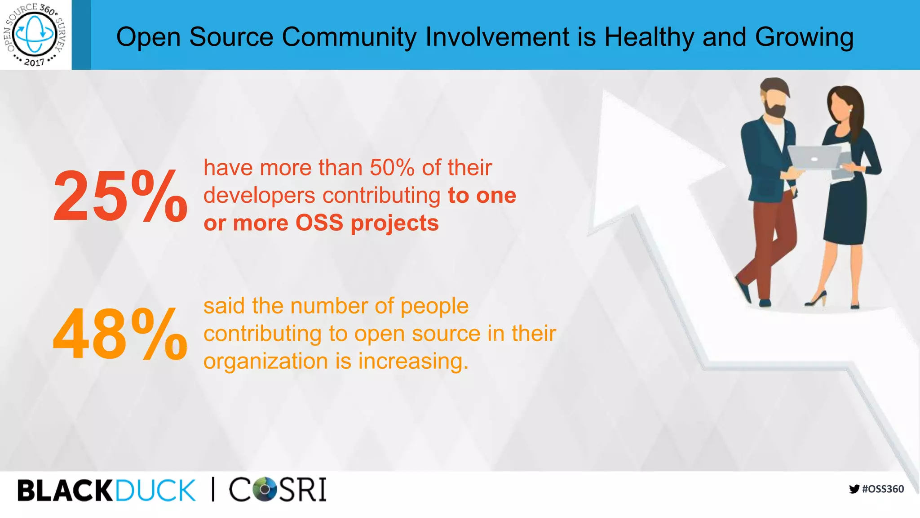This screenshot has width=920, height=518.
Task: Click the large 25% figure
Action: tap(119, 196)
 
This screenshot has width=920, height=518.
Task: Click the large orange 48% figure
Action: tap(119, 335)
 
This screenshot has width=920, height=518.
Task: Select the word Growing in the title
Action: tap(804, 37)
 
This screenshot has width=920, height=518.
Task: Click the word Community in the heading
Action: tap(349, 37)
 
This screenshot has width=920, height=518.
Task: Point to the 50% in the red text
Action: tap(392, 168)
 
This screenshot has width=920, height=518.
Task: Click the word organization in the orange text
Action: tap(265, 361)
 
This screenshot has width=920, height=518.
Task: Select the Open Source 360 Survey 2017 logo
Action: tap(35, 34)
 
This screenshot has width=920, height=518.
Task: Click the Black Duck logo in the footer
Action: tap(106, 490)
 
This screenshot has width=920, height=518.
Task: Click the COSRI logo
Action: tap(278, 490)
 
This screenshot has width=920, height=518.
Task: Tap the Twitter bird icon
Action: tap(854, 489)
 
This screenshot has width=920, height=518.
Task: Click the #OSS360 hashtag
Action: tap(883, 489)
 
